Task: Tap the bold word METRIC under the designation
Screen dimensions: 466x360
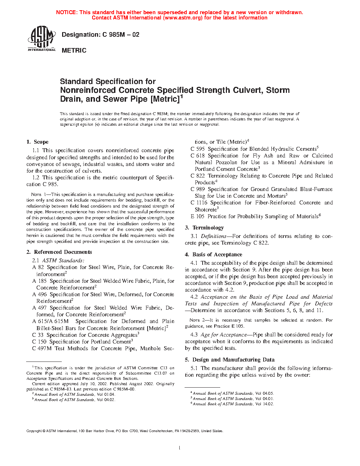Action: tap(74, 50)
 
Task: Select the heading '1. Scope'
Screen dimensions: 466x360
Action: tap(37, 142)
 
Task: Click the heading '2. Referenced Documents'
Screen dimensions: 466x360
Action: tap(59, 252)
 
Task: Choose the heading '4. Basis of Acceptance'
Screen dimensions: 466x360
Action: tap(214, 255)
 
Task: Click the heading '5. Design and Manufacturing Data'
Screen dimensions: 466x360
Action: tap(230, 360)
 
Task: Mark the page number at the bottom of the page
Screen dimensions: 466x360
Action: tap(180, 448)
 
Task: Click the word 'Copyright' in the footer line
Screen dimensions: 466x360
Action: tap(34, 431)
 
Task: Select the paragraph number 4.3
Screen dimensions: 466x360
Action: tap(194, 335)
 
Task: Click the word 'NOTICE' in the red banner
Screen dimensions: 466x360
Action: tap(66, 12)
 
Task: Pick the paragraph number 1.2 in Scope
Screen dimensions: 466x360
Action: tap(36, 178)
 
